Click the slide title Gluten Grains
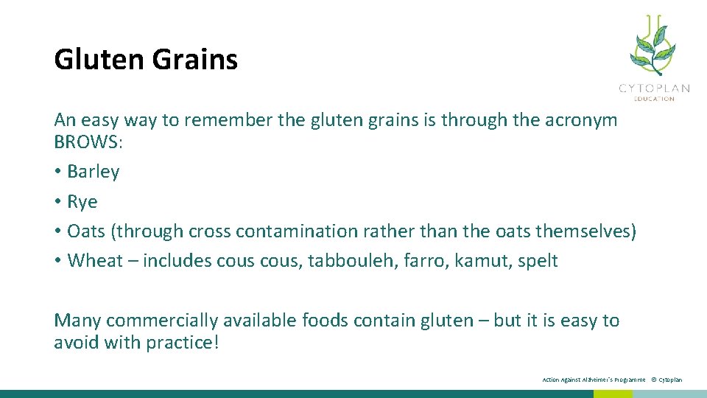[x=146, y=60]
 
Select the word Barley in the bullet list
[x=93, y=172]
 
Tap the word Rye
[x=82, y=202]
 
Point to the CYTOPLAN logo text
[x=654, y=88]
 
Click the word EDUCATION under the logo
[x=655, y=98]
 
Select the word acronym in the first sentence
[x=581, y=120]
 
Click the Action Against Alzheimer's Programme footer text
[x=593, y=380]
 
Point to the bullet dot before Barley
[x=57, y=172]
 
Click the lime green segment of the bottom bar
[x=613, y=394]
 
